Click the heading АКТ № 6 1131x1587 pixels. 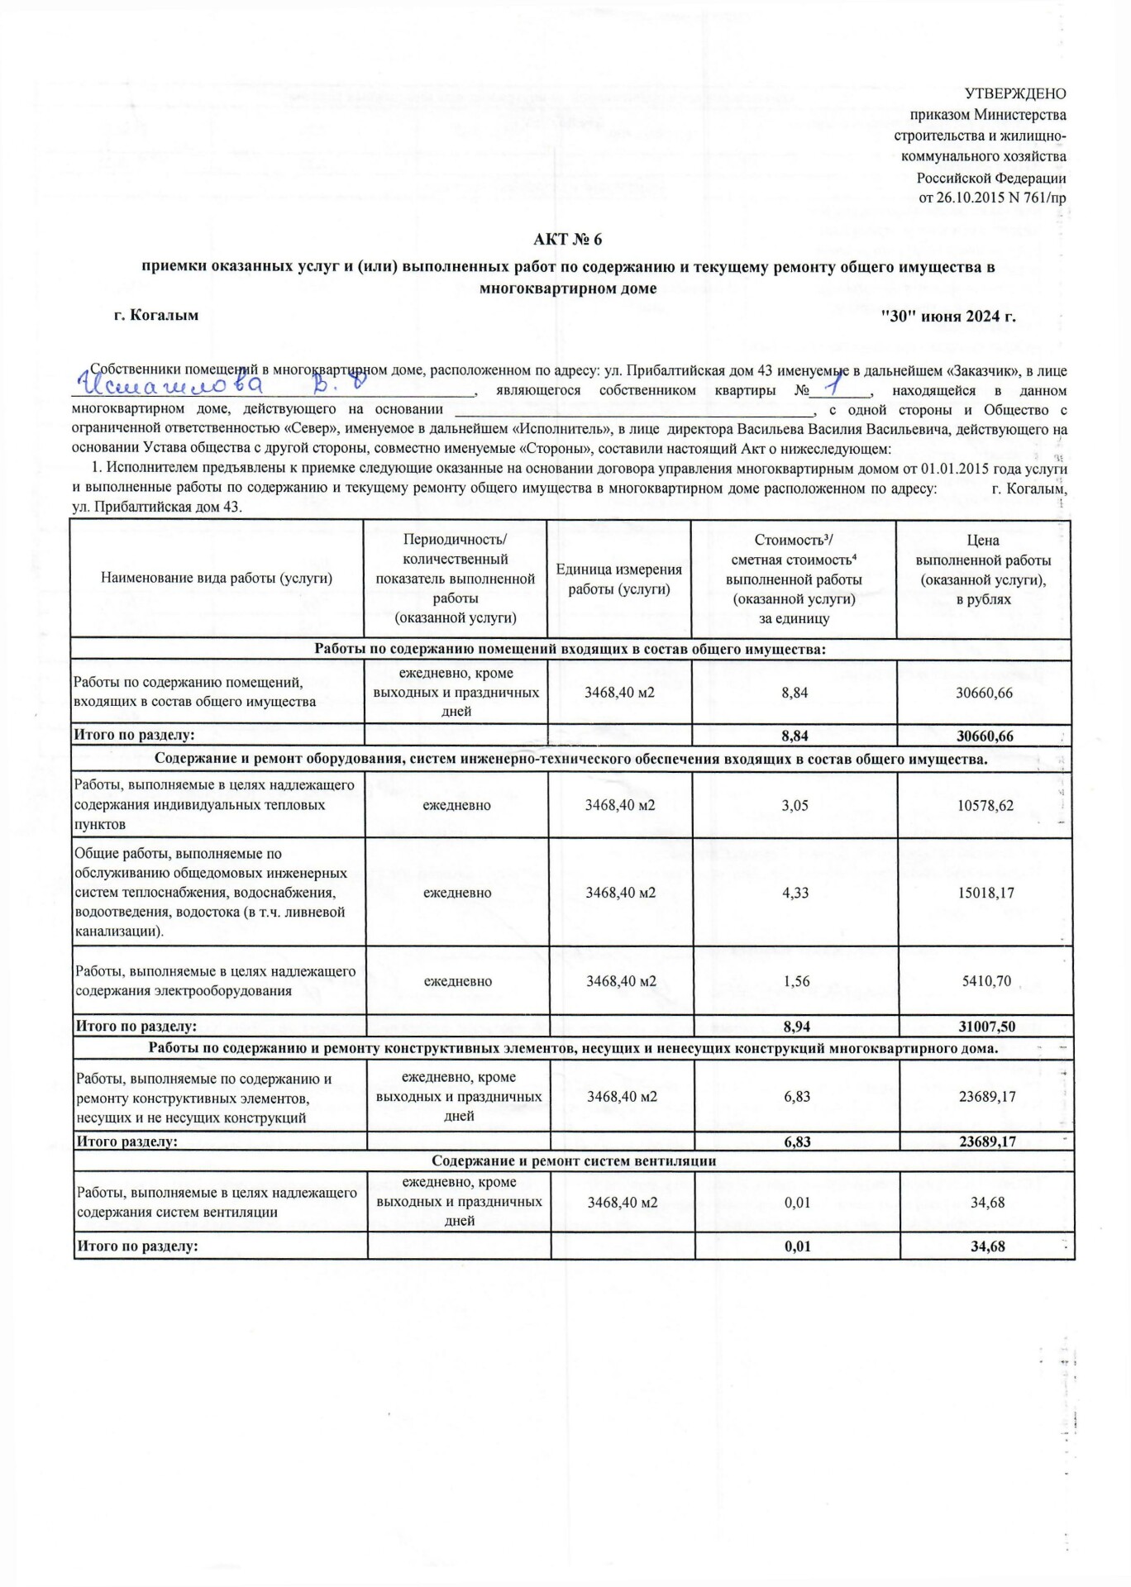[567, 240]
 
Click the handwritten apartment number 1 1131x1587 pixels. [830, 386]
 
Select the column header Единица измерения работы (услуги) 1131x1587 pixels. [618, 579]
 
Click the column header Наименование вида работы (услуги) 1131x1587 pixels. [217, 579]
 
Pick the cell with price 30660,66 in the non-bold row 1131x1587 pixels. [984, 693]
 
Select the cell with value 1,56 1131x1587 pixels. [796, 982]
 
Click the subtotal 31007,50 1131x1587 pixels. [986, 1027]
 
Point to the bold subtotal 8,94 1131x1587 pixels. [796, 1027]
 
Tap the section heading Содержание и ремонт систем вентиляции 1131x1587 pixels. [574, 1161]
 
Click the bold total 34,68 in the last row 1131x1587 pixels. [987, 1246]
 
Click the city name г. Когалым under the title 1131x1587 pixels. [156, 316]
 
